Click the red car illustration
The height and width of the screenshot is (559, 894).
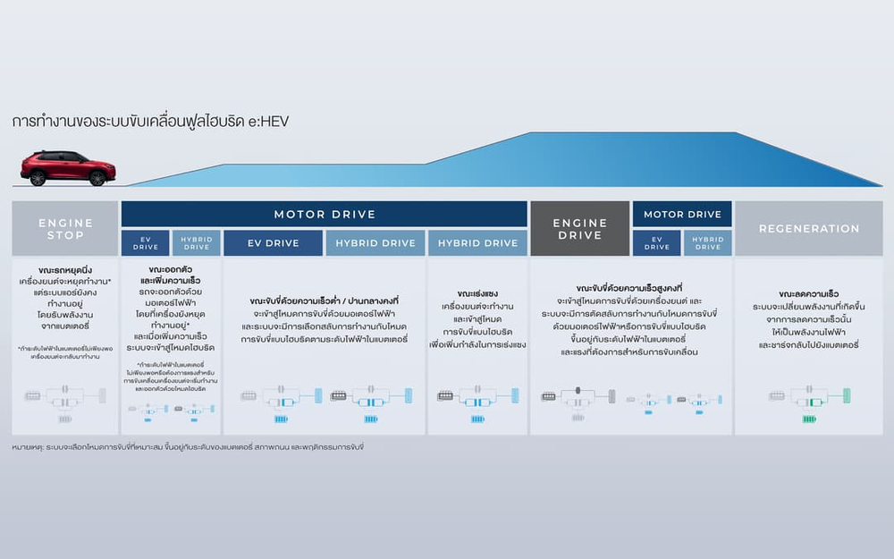coord(68,168)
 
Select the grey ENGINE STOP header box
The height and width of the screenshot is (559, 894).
coord(65,228)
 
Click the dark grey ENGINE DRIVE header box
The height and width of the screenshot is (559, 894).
coord(579,228)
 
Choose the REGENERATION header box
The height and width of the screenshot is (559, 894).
coord(809,228)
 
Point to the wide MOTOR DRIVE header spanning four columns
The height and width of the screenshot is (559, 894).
coord(324,214)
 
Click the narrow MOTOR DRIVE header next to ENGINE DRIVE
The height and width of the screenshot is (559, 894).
coord(682,214)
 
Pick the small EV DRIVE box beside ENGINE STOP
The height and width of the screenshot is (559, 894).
coord(145,243)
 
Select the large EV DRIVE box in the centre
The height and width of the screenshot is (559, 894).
coord(273,243)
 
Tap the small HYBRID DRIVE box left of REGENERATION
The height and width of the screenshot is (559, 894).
coord(708,243)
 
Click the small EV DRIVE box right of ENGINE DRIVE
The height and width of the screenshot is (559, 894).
coord(657,243)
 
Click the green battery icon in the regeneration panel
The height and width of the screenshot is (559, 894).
coord(809,419)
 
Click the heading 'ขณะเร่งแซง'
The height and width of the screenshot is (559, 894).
coord(477,293)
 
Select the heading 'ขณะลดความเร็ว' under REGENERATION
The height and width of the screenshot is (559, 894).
coord(808,293)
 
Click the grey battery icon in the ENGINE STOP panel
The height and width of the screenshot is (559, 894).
coord(65,418)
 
